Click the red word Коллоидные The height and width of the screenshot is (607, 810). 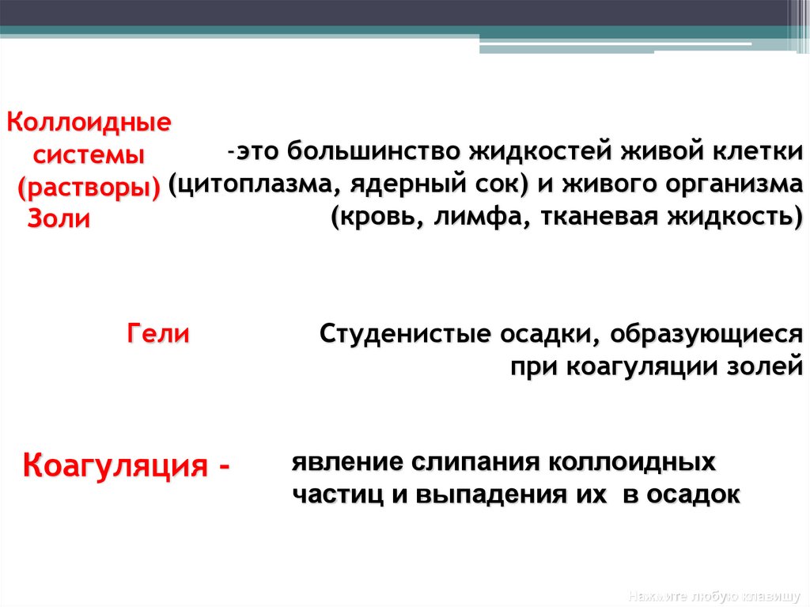click(x=89, y=123)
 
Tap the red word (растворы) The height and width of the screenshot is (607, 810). click(x=89, y=187)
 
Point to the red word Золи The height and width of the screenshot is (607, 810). click(x=59, y=218)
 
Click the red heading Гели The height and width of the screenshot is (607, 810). click(x=158, y=333)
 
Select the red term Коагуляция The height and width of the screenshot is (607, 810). click(x=117, y=465)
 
